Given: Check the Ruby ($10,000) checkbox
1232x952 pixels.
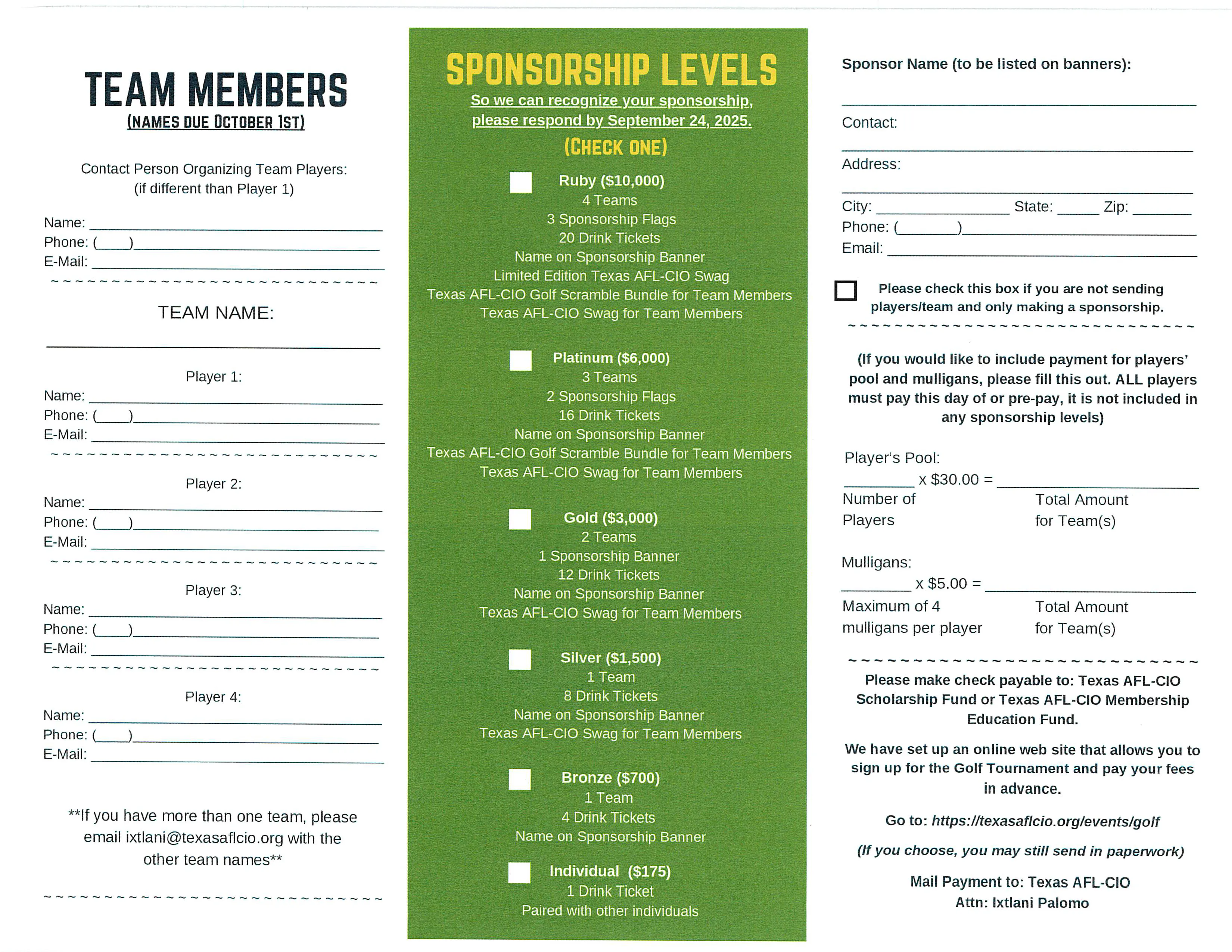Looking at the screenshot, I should pos(520,183).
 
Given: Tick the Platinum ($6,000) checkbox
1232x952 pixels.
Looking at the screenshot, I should pos(520,360).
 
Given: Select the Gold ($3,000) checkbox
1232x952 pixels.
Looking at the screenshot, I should pos(520,519).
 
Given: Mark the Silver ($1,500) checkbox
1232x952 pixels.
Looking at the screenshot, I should pos(520,659).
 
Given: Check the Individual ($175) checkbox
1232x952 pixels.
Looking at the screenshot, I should pos(519,872).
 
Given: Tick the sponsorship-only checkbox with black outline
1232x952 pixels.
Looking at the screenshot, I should pos(845,290).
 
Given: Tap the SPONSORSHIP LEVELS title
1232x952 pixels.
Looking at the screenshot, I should pos(612,70).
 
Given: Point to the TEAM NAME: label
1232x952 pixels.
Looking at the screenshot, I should pos(215,312).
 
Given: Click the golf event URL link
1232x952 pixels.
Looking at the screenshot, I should pos(1045,821).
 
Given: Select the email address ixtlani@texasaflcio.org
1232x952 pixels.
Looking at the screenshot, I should pos(204,838).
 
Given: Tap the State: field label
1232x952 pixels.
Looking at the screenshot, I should pos(1033,207).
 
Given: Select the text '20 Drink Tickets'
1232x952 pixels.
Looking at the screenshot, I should pos(609,238).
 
